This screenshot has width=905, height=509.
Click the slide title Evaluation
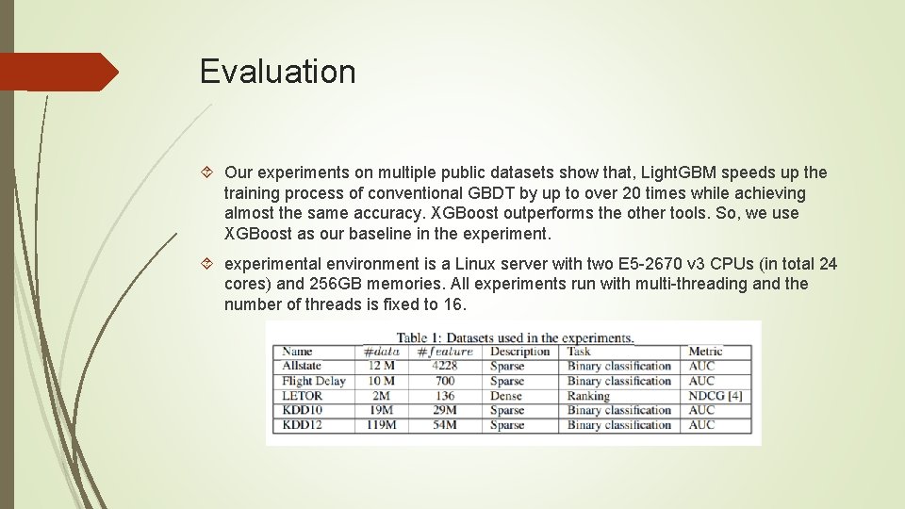click(x=277, y=72)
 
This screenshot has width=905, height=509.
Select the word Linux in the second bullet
click(x=481, y=264)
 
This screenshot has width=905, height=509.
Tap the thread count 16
click(x=452, y=304)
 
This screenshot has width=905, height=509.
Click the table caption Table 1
click(x=420, y=337)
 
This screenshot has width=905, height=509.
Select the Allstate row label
click(x=302, y=367)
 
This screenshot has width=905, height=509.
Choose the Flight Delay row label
click(x=314, y=382)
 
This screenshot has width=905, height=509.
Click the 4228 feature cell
click(x=444, y=367)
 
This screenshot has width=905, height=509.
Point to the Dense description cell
click(x=507, y=396)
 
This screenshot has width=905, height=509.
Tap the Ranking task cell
click(x=588, y=396)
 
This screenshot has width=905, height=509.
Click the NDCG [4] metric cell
click(x=716, y=396)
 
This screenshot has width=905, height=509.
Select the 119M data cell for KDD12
click(x=381, y=425)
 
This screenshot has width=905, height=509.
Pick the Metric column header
click(x=705, y=352)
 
